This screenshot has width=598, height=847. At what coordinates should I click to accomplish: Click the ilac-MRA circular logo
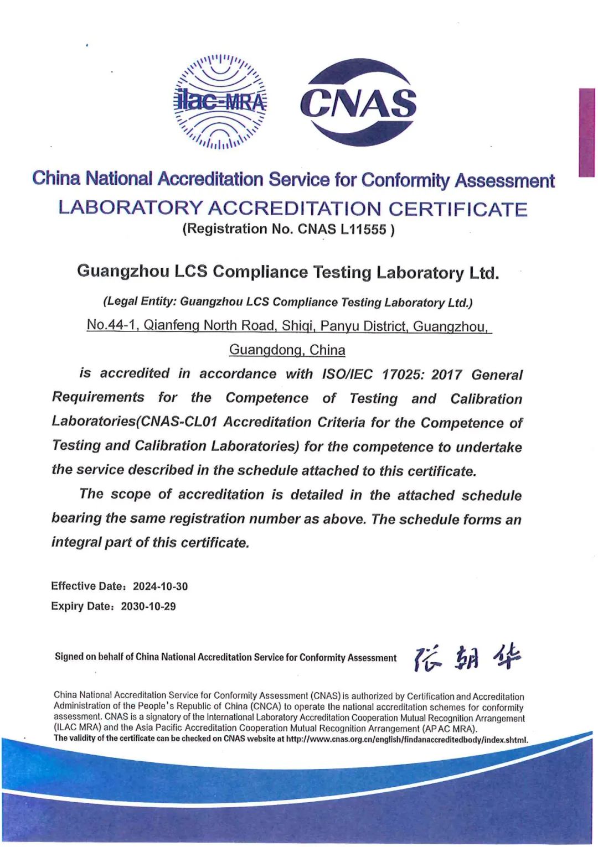220,102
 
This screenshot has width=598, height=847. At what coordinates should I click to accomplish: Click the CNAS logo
358,102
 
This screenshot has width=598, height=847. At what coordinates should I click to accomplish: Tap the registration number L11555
363,229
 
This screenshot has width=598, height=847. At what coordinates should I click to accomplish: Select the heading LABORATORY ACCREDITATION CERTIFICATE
292,209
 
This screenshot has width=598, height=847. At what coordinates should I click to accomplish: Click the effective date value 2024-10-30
160,586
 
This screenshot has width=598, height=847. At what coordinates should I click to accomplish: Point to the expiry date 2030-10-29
148,606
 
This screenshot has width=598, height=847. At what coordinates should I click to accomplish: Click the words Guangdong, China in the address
287,350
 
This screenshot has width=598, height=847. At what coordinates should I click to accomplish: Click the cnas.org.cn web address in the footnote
406,740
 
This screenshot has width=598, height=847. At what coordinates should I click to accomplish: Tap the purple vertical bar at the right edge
586,132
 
